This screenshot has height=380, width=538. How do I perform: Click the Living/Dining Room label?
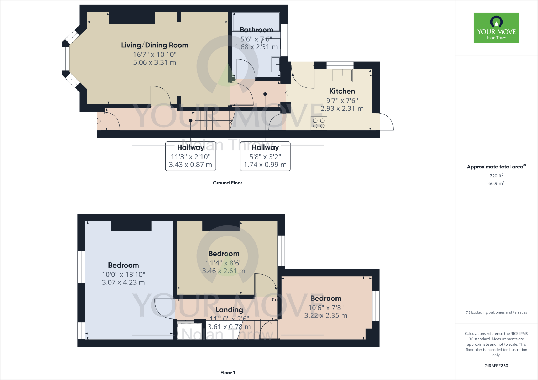click(154, 45)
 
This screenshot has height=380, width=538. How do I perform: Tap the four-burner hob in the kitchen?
click(319, 123)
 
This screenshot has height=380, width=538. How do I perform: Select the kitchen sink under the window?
click(342, 76)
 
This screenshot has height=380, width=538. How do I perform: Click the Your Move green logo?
click(496, 28)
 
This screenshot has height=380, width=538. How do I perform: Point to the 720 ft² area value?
click(496, 176)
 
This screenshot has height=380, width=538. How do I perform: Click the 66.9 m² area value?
click(496, 183)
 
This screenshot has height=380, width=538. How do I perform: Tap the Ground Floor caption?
click(227, 183)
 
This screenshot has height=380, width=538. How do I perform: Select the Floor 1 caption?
click(227, 372)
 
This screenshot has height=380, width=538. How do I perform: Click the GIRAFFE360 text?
click(496, 366)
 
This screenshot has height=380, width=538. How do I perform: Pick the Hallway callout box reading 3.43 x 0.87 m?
click(190, 156)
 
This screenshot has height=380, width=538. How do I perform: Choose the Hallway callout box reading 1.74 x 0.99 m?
click(265, 156)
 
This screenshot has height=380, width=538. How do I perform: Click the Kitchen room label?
click(342, 91)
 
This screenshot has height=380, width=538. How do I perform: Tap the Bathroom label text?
click(256, 30)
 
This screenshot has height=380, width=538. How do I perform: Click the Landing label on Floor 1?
click(229, 310)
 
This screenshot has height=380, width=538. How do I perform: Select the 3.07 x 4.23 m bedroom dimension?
click(123, 282)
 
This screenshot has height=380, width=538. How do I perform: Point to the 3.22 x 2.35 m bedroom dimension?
click(326, 315)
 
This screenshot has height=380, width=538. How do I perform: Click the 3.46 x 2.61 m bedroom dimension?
click(224, 271)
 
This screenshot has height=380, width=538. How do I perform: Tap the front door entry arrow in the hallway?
click(98, 121)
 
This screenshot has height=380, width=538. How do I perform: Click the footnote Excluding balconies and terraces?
click(496, 312)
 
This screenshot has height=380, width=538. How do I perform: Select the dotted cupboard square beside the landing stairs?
click(189, 331)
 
